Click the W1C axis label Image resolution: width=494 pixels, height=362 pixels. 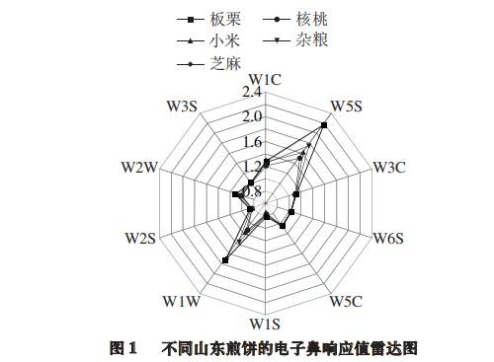[268, 78]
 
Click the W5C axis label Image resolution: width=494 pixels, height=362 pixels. [347, 300]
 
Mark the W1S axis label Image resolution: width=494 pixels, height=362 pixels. [268, 325]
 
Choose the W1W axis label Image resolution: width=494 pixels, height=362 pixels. [184, 300]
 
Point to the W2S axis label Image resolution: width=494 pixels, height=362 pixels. [142, 239]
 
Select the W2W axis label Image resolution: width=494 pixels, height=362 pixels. [141, 168]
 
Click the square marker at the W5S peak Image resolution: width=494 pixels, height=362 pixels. [325, 124]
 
